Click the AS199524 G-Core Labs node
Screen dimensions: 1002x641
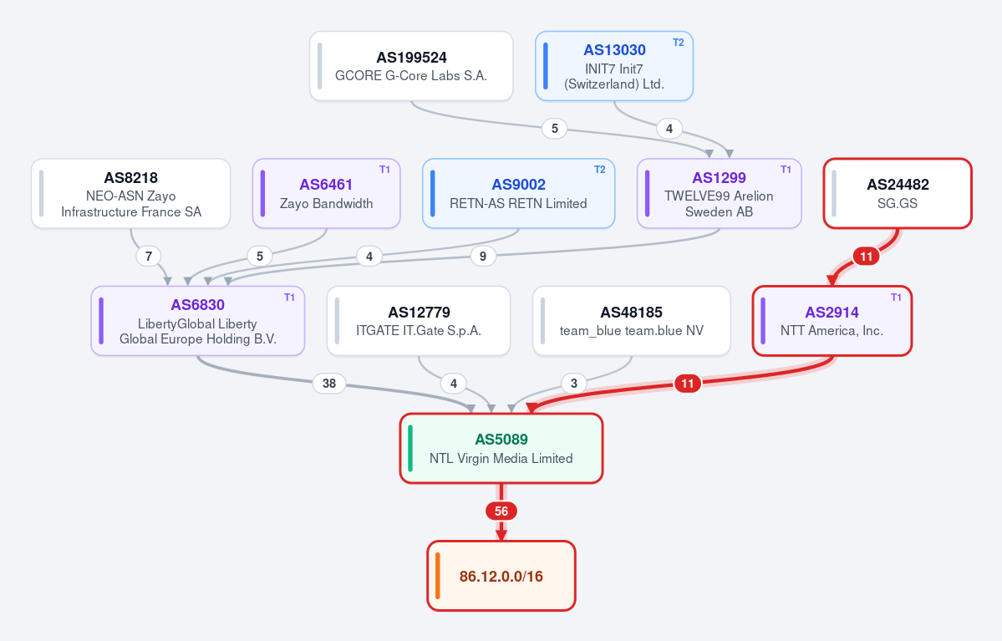click(411, 66)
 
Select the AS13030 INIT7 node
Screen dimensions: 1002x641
click(614, 66)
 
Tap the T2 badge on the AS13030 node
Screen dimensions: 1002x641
click(678, 43)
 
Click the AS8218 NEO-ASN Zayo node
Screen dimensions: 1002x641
click(130, 194)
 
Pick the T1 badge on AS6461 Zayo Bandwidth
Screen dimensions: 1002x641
click(384, 170)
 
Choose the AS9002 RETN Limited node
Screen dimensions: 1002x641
click(518, 194)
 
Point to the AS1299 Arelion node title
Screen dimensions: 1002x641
click(719, 178)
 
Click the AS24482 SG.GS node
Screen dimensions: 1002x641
click(898, 194)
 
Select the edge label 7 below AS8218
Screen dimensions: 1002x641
click(149, 257)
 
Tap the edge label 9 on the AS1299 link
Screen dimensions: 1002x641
click(483, 257)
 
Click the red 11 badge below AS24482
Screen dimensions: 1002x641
click(866, 257)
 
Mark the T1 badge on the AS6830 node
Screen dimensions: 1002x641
click(289, 298)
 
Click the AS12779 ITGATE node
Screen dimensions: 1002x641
click(419, 321)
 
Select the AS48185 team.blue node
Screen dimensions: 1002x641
click(631, 321)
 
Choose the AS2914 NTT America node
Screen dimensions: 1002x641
click(832, 321)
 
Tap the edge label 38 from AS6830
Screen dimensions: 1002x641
click(329, 384)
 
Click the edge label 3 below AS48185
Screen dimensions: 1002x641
click(574, 384)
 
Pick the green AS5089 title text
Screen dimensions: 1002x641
click(501, 440)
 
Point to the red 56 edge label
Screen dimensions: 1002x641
click(501, 511)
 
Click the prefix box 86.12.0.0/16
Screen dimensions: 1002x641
click(501, 576)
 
